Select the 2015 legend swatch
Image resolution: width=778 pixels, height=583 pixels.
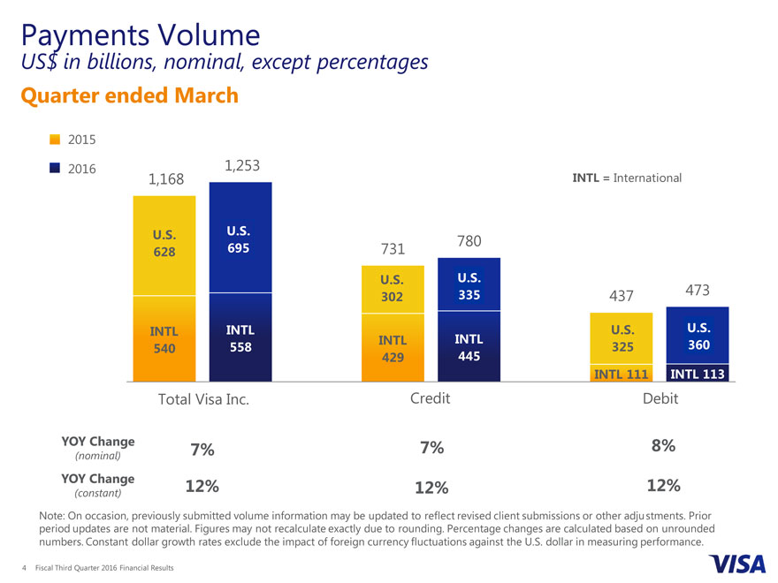(55, 140)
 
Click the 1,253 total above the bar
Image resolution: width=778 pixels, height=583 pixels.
(241, 166)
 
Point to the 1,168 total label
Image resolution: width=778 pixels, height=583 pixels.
(166, 179)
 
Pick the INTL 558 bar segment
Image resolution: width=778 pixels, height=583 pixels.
(240, 338)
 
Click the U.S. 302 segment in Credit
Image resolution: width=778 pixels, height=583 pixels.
(393, 288)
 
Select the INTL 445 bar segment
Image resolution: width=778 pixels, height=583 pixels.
(469, 346)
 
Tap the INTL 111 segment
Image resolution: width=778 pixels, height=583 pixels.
(621, 374)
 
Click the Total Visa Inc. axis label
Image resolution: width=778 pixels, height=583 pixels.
(203, 399)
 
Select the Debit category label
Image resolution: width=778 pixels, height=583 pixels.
(660, 398)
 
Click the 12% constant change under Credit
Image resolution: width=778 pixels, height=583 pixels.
(431, 488)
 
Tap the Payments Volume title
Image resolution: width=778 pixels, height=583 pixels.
(139, 34)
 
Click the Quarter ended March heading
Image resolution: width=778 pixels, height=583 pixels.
(129, 95)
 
